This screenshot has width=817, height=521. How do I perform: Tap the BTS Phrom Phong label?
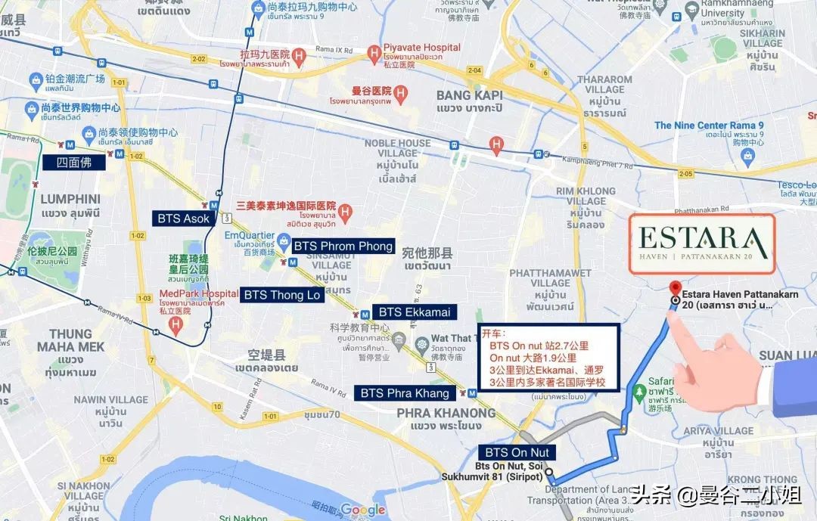(343, 246)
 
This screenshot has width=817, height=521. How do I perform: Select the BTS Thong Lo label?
(282, 295)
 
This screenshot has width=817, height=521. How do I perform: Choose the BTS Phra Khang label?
(405, 392)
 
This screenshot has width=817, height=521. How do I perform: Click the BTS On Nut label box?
(516, 452)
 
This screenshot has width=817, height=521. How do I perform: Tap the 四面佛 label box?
(74, 161)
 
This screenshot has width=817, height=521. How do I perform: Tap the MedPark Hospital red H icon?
(176, 327)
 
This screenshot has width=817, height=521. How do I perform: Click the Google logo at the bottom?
(363, 510)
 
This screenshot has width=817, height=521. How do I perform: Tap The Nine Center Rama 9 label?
(701, 126)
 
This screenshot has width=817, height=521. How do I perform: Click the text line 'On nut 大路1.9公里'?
(533, 358)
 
